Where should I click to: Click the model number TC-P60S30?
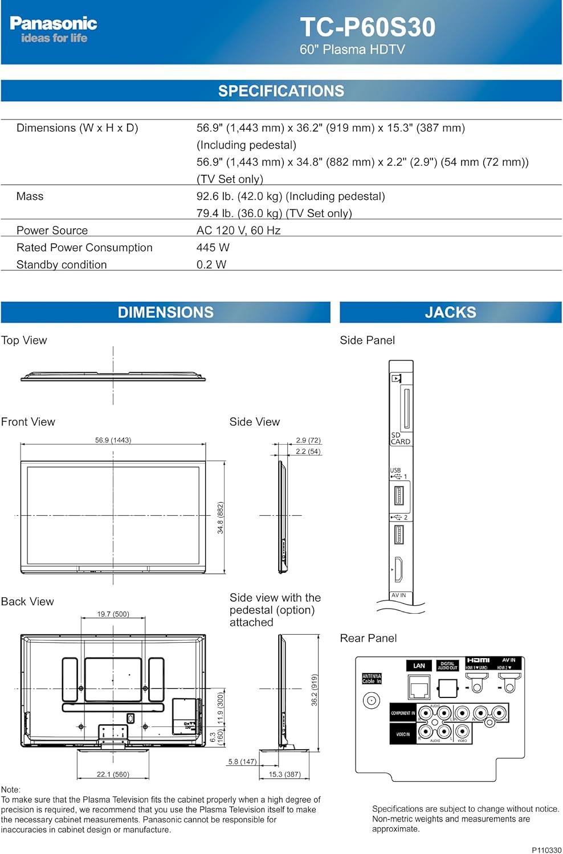click(x=368, y=27)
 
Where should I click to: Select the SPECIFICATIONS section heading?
click(x=281, y=91)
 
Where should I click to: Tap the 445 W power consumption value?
click(x=213, y=248)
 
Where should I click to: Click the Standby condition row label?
click(x=62, y=265)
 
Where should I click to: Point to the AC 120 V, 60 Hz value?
click(x=238, y=231)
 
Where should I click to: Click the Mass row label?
click(x=30, y=196)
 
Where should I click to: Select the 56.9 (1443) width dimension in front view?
click(x=113, y=440)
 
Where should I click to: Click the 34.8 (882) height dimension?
click(x=221, y=518)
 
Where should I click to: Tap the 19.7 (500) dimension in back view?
click(x=113, y=614)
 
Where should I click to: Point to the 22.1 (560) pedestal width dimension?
click(x=113, y=774)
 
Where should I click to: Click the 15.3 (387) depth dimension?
click(x=284, y=774)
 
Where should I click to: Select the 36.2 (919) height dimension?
click(x=315, y=690)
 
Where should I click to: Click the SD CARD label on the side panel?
click(x=400, y=438)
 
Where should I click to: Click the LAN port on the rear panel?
click(x=419, y=687)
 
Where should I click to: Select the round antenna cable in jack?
click(x=372, y=700)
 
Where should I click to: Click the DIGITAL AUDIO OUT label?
click(x=447, y=666)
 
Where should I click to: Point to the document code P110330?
click(x=546, y=850)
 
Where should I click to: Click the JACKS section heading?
click(x=450, y=313)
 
